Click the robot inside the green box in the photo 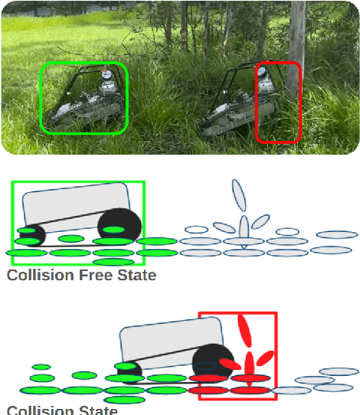click(84, 103)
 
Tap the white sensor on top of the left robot click(106, 75)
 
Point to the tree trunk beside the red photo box click(297, 31)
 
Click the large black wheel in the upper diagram click(119, 224)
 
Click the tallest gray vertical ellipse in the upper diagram click(239, 195)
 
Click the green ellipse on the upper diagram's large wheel click(113, 230)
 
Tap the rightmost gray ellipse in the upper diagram click(337, 235)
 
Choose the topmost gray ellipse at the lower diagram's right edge click(339, 371)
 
